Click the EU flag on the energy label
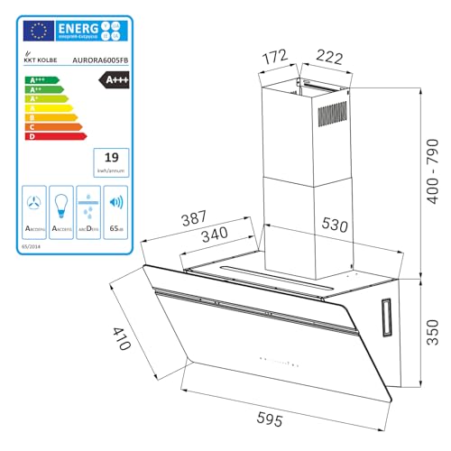[38, 32]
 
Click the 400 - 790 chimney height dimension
[432, 180]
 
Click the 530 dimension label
[335, 222]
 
